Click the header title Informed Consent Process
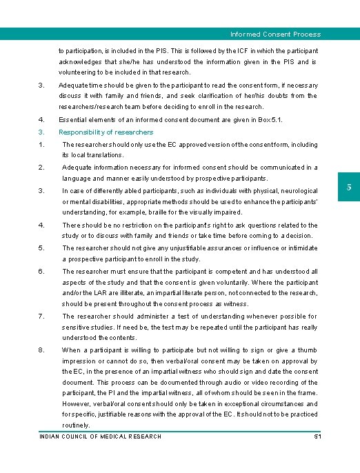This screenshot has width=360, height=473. coord(275,34)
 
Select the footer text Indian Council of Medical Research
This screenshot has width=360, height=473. coord(101,436)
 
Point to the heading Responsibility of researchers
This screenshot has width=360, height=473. coord(106,132)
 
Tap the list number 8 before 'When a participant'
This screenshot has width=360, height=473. coord(41,350)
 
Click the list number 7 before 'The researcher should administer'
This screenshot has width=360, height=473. coord(41,316)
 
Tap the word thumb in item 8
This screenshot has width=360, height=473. coord(308,350)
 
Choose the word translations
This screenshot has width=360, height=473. coord(103,155)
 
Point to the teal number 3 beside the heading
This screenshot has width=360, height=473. coord(41,132)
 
